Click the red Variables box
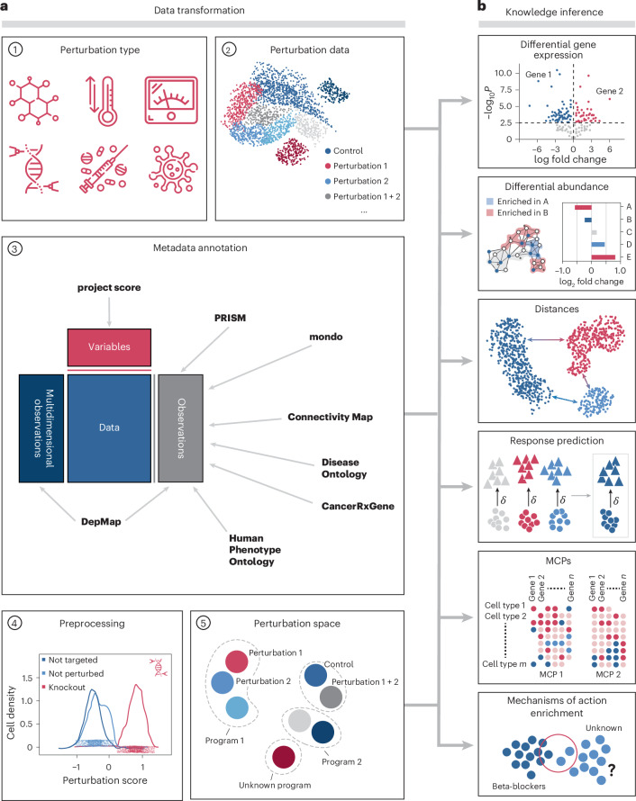click(x=109, y=346)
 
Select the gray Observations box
click(x=180, y=428)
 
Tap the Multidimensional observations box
click(x=41, y=428)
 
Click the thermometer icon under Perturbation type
click(x=103, y=101)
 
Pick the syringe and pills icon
click(x=104, y=168)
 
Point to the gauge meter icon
click(x=171, y=100)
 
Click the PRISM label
click(x=230, y=318)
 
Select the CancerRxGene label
click(x=358, y=506)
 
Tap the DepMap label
click(x=101, y=522)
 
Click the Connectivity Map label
click(x=331, y=417)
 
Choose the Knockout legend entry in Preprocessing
click(x=63, y=687)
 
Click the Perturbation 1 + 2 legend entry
click(x=363, y=196)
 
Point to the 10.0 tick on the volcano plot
click(x=503, y=73)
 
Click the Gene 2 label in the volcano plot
click(x=609, y=91)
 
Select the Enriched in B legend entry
click(x=517, y=212)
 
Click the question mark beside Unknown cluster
click(x=611, y=769)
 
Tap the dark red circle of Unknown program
click(x=283, y=757)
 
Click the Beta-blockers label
click(x=518, y=787)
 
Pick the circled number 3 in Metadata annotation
click(x=15, y=248)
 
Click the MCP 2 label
click(x=608, y=674)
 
